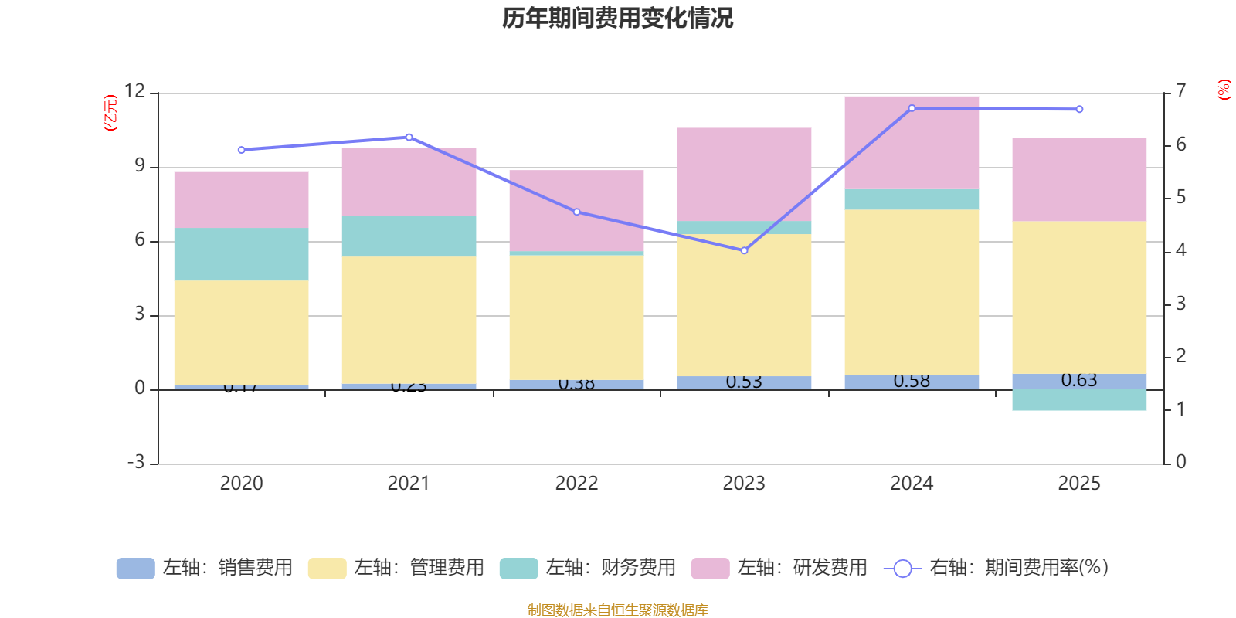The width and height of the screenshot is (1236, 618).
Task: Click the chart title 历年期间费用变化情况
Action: pyautogui.click(x=617, y=18)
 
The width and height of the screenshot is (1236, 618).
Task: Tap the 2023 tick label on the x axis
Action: pyautogui.click(x=744, y=484)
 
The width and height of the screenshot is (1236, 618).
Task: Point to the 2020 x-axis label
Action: pyautogui.click(x=241, y=484)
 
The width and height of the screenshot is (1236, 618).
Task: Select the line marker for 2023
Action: pyautogui.click(x=744, y=250)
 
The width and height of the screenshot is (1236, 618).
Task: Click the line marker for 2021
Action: pyautogui.click(x=409, y=137)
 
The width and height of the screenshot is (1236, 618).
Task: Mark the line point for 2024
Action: pyautogui.click(x=912, y=108)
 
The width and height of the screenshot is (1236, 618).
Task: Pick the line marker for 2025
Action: pyautogui.click(x=1079, y=110)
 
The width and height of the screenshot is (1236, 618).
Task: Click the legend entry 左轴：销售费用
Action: pyautogui.click(x=205, y=568)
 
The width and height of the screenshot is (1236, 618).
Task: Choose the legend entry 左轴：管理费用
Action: pyautogui.click(x=396, y=568)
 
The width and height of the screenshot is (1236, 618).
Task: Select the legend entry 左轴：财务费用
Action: pyautogui.click(x=588, y=568)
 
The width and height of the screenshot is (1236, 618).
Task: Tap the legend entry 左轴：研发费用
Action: pyautogui.click(x=779, y=568)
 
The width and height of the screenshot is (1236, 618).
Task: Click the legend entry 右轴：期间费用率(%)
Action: pyautogui.click(x=997, y=568)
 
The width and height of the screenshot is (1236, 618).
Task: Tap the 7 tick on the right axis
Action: pyautogui.click(x=1180, y=91)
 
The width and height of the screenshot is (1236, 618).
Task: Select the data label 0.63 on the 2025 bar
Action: pyautogui.click(x=1079, y=380)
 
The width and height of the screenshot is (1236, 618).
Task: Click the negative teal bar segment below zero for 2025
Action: pyautogui.click(x=1079, y=400)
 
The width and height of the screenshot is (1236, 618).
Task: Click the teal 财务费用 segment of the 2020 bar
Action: pyautogui.click(x=241, y=254)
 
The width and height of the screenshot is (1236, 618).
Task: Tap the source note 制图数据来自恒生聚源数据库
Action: pyautogui.click(x=617, y=610)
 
